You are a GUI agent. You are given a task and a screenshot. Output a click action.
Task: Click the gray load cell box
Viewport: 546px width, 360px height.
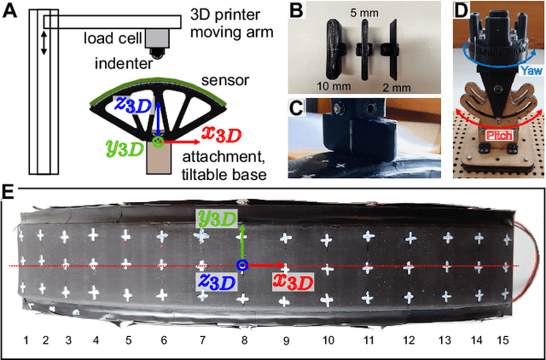tap(157, 37)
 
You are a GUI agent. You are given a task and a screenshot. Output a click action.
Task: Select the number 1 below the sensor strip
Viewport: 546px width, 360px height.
tap(26, 340)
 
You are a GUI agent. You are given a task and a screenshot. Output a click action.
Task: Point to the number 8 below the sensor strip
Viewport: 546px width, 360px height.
tap(244, 340)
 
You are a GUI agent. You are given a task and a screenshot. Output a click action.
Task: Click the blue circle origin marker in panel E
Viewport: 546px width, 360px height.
tap(242, 266)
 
